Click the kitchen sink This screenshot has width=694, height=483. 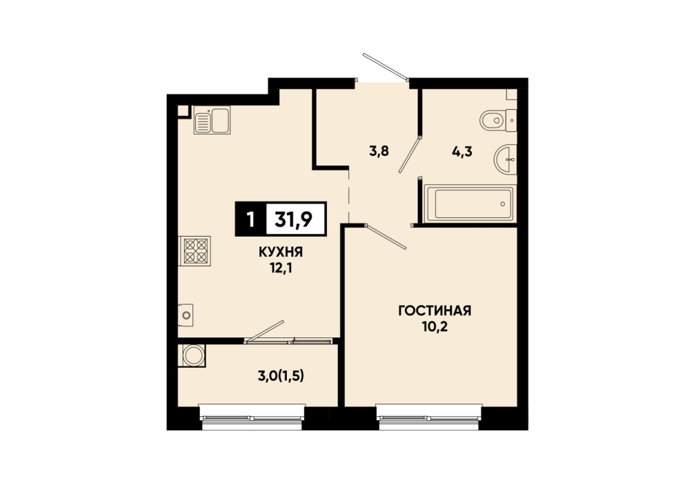[212, 121]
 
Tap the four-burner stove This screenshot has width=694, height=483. [195, 251]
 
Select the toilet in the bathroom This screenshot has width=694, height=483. [498, 120]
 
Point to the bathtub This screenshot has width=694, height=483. [470, 204]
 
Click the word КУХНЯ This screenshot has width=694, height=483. [281, 253]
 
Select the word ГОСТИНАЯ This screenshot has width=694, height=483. [435, 310]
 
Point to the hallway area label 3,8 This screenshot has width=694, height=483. [379, 151]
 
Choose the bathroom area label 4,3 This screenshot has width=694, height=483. [462, 152]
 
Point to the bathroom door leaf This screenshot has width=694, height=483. [409, 155]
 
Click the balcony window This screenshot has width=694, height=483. [252, 417]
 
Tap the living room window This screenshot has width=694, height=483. [429, 417]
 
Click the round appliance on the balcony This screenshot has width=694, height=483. [193, 355]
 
